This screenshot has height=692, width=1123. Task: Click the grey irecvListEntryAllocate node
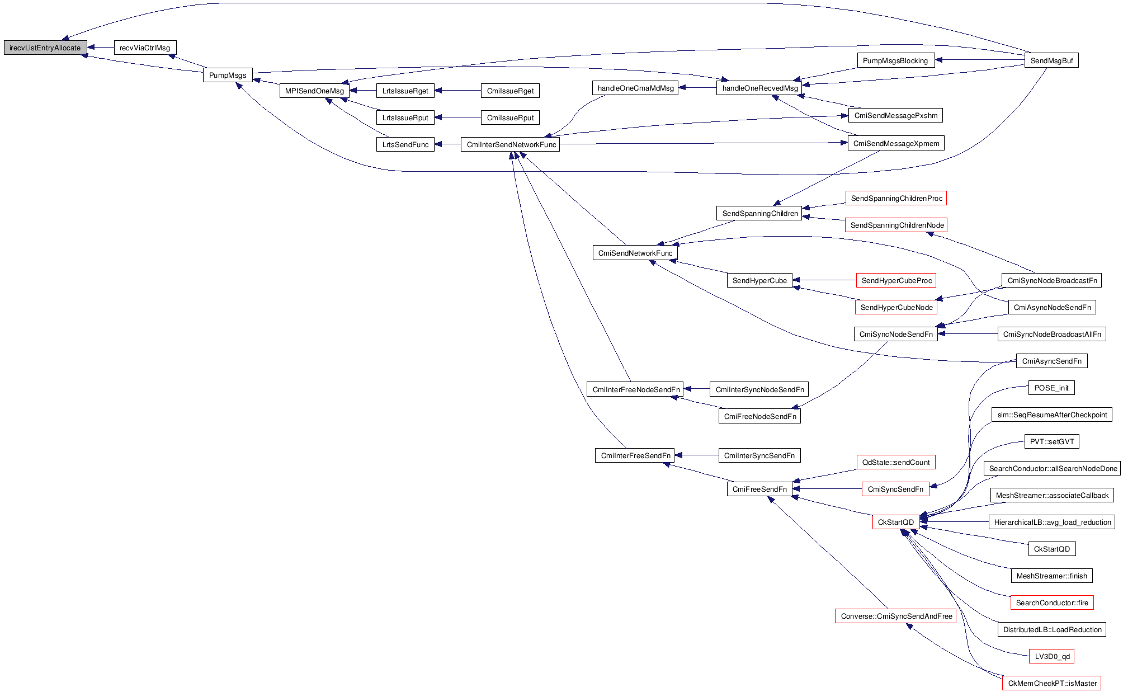click(x=45, y=48)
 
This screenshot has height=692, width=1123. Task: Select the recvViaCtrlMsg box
click(x=145, y=48)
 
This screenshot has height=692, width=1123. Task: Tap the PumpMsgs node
click(x=228, y=76)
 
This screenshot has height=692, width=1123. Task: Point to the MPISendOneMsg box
click(x=314, y=91)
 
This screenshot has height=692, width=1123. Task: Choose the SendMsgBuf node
click(x=1051, y=61)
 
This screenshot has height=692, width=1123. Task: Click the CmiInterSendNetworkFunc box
click(x=511, y=145)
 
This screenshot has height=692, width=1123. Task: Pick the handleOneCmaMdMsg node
click(x=635, y=88)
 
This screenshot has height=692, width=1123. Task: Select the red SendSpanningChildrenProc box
click(x=896, y=199)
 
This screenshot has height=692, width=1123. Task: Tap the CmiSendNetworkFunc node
click(x=635, y=253)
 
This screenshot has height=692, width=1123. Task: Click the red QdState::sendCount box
click(x=895, y=463)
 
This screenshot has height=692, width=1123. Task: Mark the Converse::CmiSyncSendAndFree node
click(x=896, y=616)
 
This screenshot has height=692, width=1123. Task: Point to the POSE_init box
click(x=1051, y=388)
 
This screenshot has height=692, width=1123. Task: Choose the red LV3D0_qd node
click(x=1051, y=657)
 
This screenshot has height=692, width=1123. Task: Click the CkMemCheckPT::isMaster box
click(x=1051, y=684)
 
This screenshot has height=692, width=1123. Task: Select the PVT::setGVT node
click(x=1051, y=442)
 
